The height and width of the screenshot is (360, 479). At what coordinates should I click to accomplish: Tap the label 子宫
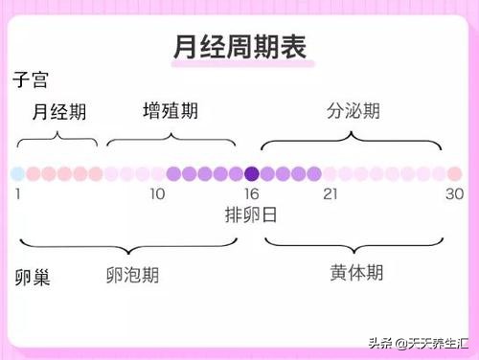tap(32, 79)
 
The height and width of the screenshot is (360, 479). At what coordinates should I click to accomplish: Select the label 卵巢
tap(32, 278)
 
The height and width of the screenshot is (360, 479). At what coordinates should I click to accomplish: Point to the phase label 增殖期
tap(171, 110)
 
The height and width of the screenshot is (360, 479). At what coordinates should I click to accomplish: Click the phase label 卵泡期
tap(132, 275)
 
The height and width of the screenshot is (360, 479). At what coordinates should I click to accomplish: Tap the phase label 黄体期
tap(356, 273)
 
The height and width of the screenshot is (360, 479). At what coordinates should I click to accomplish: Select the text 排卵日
tap(251, 214)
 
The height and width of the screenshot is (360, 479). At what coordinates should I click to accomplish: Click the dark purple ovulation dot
tap(252, 173)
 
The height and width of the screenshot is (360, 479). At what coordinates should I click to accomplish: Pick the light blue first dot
tap(17, 173)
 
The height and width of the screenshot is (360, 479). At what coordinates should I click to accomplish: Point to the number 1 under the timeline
tap(17, 194)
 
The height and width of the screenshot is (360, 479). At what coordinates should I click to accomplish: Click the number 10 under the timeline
tap(157, 194)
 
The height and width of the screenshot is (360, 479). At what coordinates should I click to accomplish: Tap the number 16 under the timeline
tap(251, 194)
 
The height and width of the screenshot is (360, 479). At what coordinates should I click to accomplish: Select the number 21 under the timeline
tap(331, 194)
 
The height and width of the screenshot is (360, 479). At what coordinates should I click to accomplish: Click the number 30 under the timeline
tap(454, 194)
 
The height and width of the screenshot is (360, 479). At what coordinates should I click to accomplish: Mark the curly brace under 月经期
tap(57, 140)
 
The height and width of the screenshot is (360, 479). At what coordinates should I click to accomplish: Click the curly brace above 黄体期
tap(354, 239)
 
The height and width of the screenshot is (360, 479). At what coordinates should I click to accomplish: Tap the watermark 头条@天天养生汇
tap(413, 342)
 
